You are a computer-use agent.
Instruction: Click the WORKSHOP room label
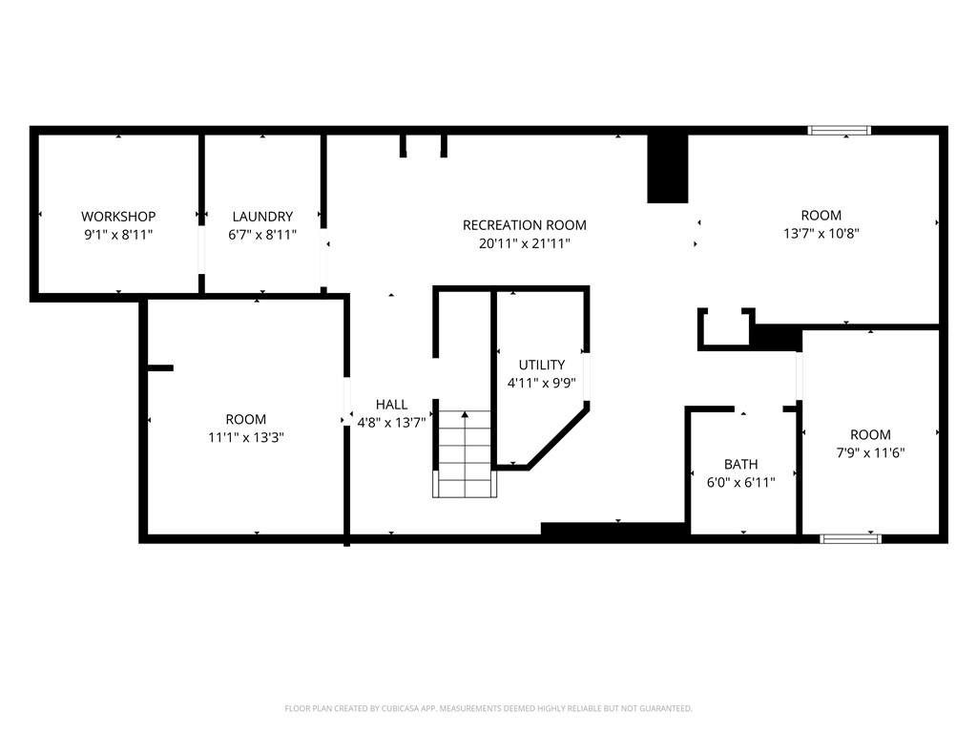(118, 217)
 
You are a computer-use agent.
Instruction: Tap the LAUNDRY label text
(262, 217)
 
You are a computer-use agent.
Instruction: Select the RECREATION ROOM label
(524, 225)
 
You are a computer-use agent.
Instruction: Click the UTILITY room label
(542, 365)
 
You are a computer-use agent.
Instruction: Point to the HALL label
(391, 405)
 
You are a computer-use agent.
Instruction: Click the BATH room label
(740, 465)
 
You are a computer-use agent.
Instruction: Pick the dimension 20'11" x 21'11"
(524, 243)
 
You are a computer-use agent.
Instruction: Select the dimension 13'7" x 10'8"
(821, 234)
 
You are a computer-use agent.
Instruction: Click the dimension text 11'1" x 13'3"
(246, 437)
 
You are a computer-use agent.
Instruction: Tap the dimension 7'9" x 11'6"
(870, 452)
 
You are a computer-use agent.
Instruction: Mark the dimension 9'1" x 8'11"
(118, 235)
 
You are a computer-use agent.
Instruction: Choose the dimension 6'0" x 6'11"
(740, 482)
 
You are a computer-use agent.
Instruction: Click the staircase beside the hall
(465, 453)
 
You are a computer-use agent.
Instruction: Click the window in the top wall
(840, 130)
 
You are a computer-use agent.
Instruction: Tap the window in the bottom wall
(850, 538)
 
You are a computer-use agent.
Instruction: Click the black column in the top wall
(667, 168)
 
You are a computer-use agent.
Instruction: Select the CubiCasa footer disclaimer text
(488, 709)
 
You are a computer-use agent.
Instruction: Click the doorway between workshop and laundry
(201, 250)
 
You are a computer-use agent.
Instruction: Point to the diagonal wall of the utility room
(557, 435)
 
